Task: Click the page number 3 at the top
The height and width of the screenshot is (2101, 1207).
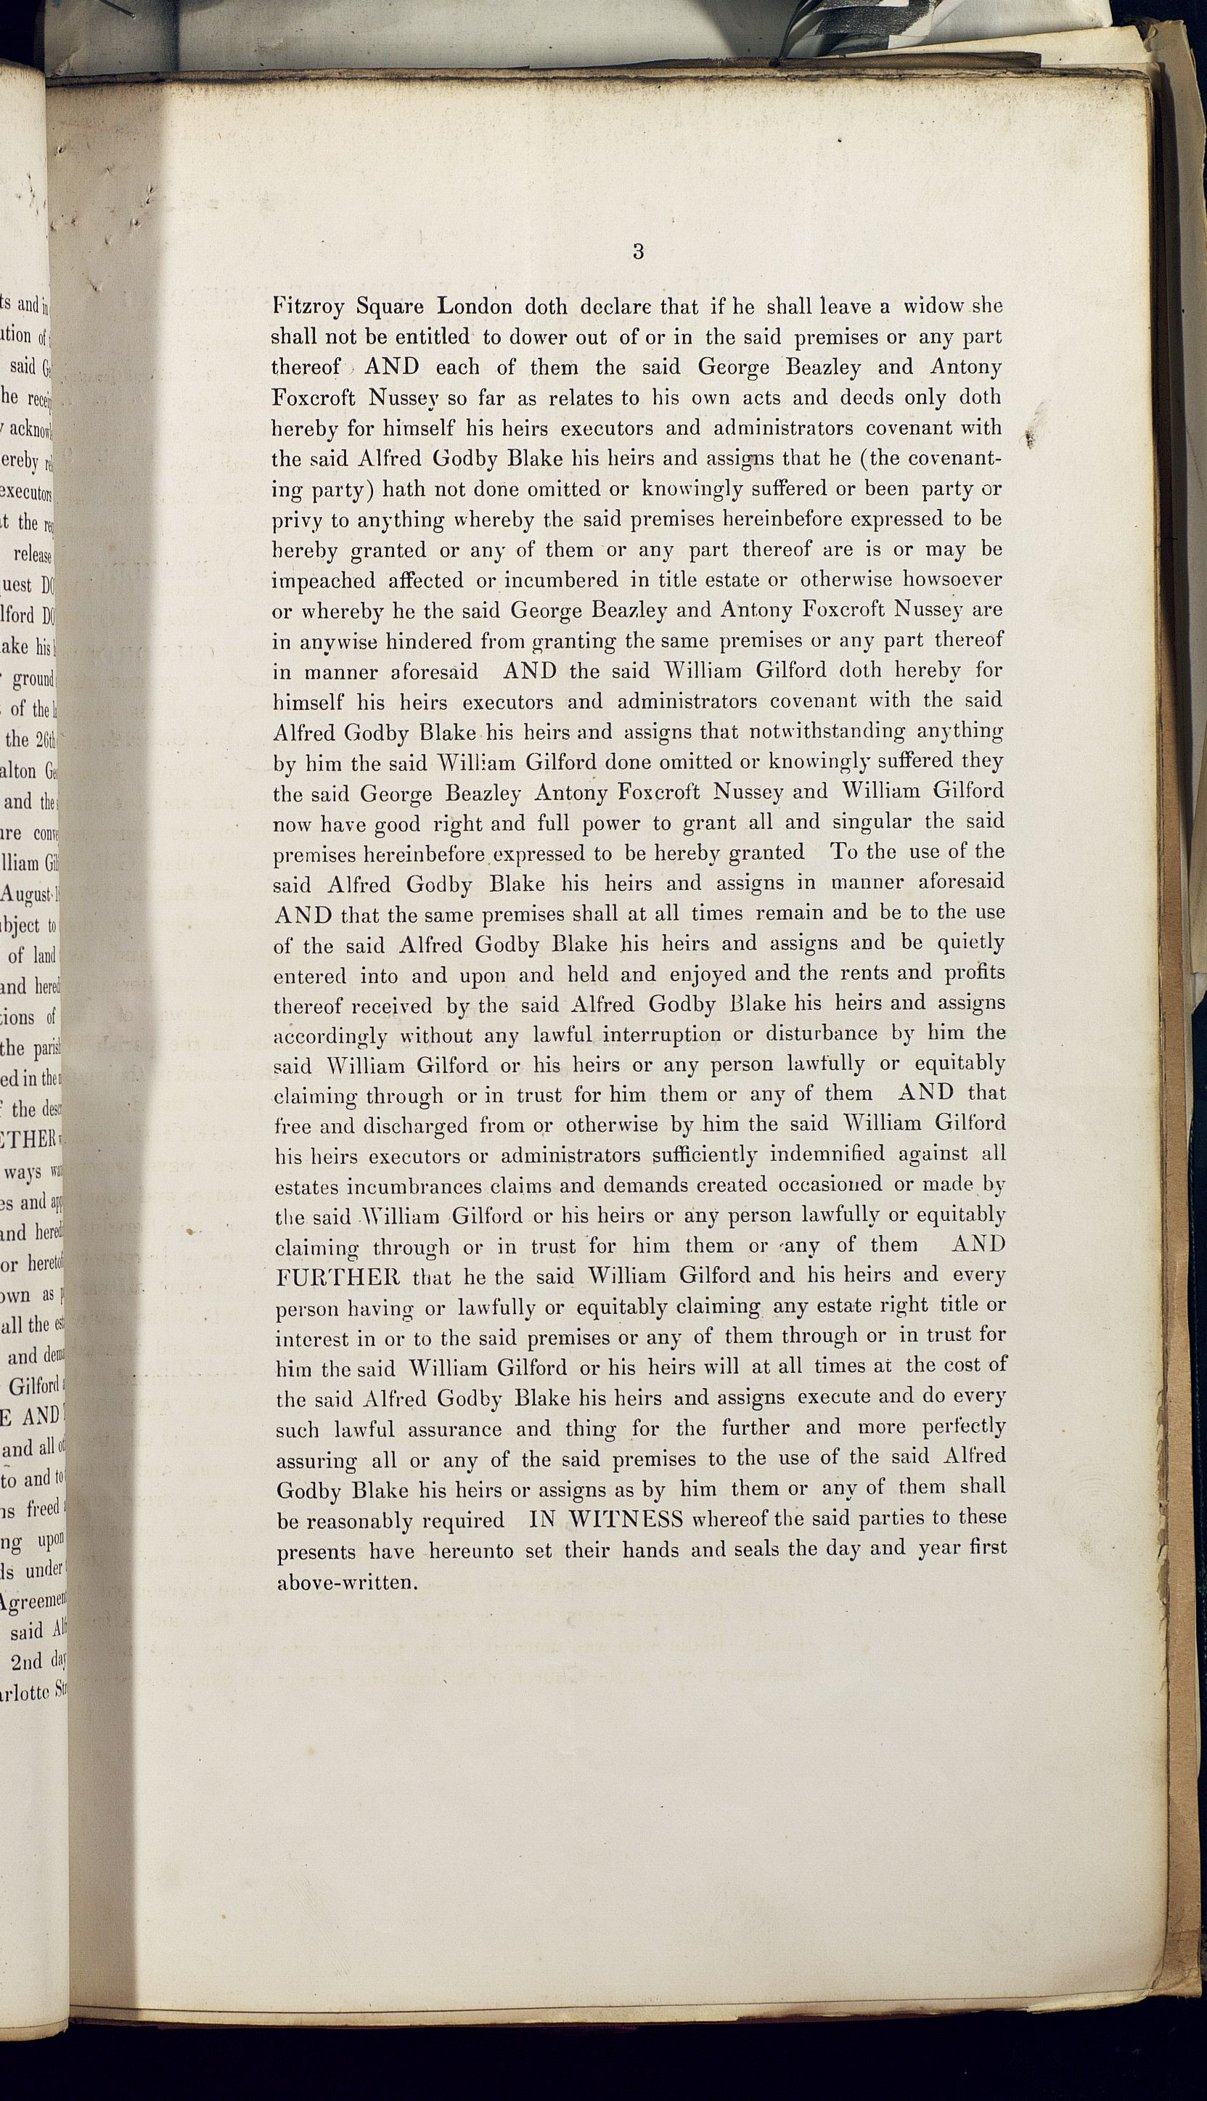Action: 637,252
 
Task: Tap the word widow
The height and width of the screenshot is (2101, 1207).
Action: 933,305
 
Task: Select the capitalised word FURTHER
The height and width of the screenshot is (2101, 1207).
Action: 337,1276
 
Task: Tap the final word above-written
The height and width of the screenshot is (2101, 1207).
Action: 345,1581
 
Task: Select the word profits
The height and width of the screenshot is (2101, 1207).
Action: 975,972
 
